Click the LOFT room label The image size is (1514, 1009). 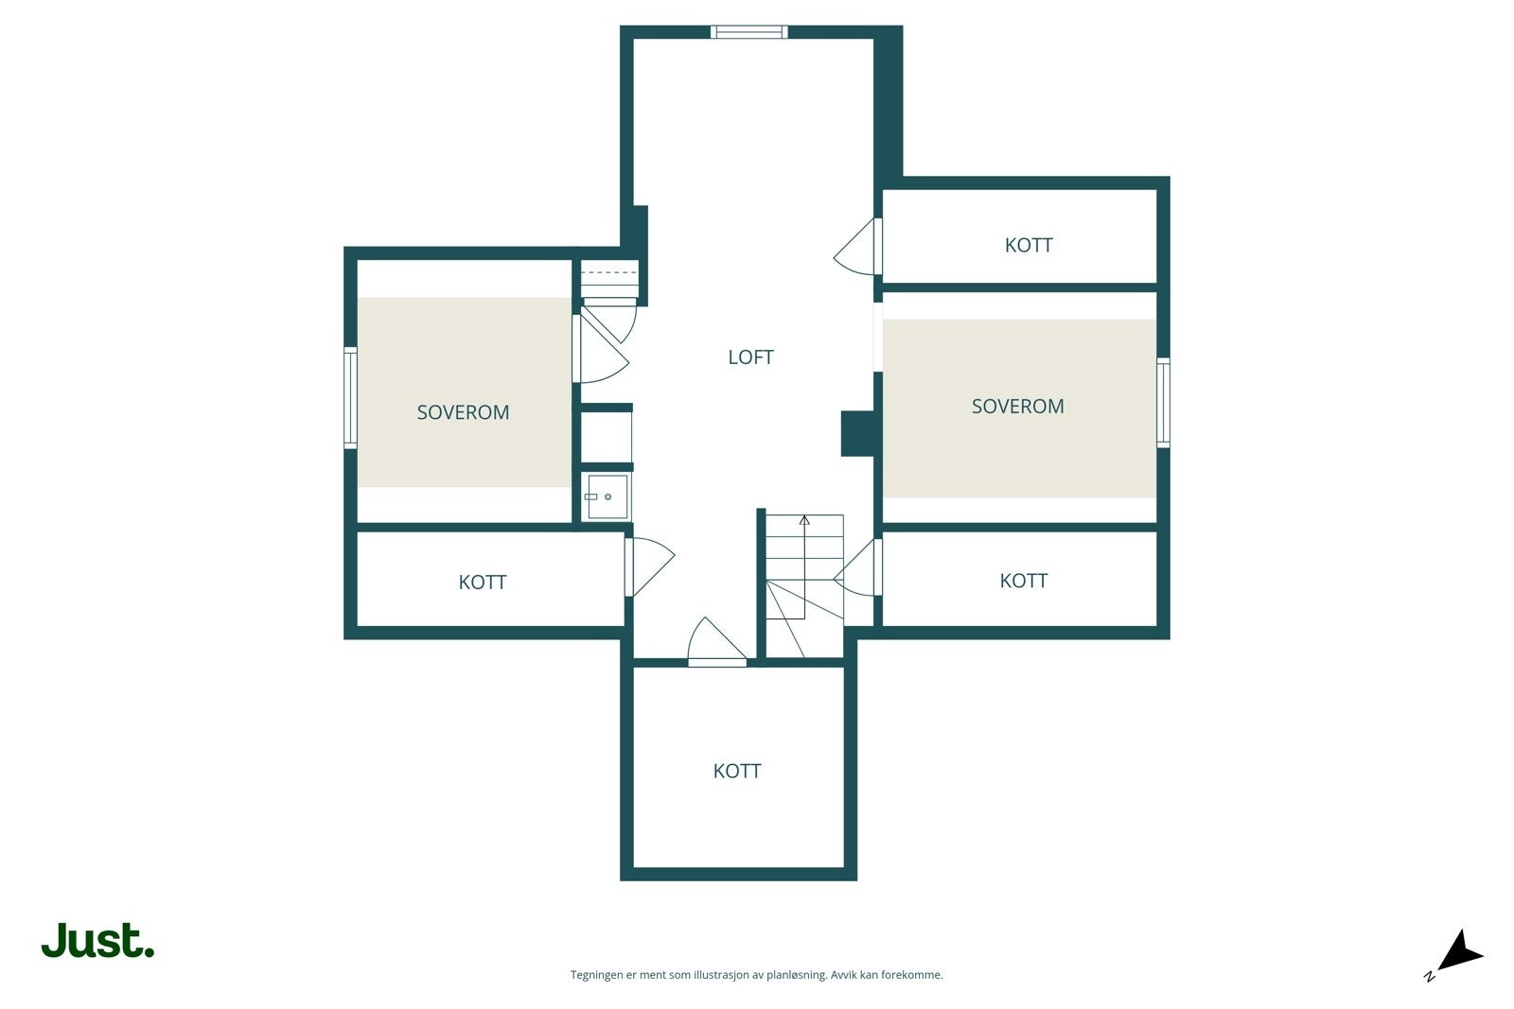pyautogui.click(x=750, y=357)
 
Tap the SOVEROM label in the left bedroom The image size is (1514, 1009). pyautogui.click(x=463, y=412)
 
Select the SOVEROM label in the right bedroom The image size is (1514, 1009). pyautogui.click(x=1017, y=407)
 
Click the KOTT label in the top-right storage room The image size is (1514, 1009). pyautogui.click(x=1029, y=245)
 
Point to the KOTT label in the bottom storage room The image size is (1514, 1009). pyautogui.click(x=737, y=771)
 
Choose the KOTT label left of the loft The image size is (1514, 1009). pyautogui.click(x=483, y=583)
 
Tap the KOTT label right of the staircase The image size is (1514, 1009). pyautogui.click(x=1023, y=581)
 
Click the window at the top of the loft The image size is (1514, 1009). pyautogui.click(x=748, y=32)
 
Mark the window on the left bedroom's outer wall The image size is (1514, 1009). pyautogui.click(x=350, y=396)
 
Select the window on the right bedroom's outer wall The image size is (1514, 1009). pyautogui.click(x=1163, y=402)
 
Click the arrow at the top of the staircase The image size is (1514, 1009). pyautogui.click(x=804, y=520)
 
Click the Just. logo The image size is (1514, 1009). pyautogui.click(x=97, y=941)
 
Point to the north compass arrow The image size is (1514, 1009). pyautogui.click(x=1459, y=951)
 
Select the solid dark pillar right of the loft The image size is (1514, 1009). pyautogui.click(x=857, y=434)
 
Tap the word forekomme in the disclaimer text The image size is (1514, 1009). pyautogui.click(x=910, y=975)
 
